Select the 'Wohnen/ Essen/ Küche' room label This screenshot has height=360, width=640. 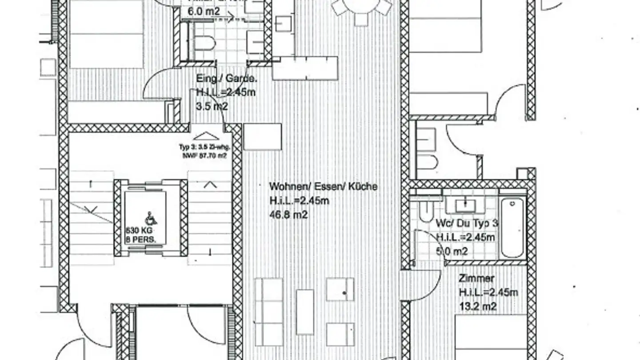(x=323, y=186)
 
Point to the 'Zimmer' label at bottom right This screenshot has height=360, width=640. (x=476, y=278)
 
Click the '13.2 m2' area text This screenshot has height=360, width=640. (x=478, y=307)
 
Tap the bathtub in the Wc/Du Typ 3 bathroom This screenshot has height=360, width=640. (x=512, y=228)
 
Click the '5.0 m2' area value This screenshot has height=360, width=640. (x=452, y=252)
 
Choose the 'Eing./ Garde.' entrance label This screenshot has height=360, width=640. (x=226, y=79)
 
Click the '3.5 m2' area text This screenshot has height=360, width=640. (x=212, y=107)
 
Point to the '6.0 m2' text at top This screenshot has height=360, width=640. (x=204, y=11)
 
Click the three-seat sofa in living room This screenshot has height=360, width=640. (x=268, y=312)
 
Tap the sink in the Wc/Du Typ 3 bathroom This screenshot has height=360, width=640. (x=464, y=206)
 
